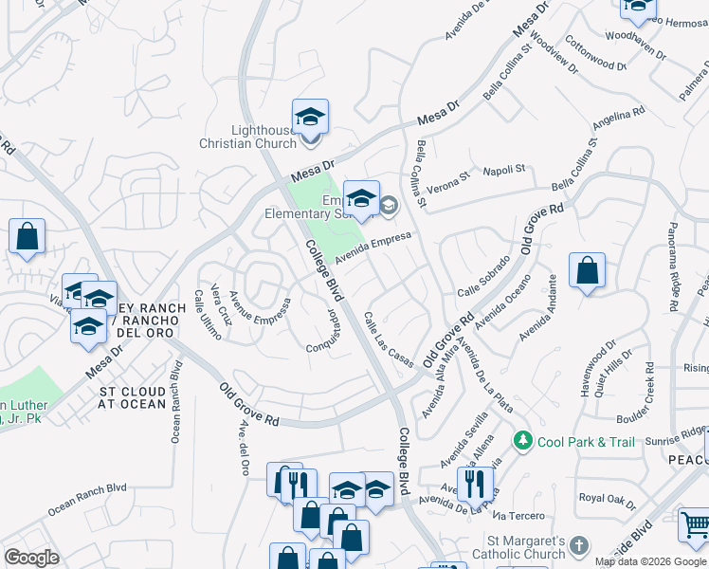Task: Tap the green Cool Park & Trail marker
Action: pos(521,441)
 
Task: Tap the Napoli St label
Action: pos(506,169)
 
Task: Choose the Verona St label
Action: pos(451,177)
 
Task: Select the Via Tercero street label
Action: pos(518,515)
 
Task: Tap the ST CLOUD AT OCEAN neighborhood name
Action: pos(134,397)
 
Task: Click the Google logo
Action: pos(31,557)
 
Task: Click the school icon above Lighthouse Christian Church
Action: pos(310,117)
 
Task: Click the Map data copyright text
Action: pos(650,561)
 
